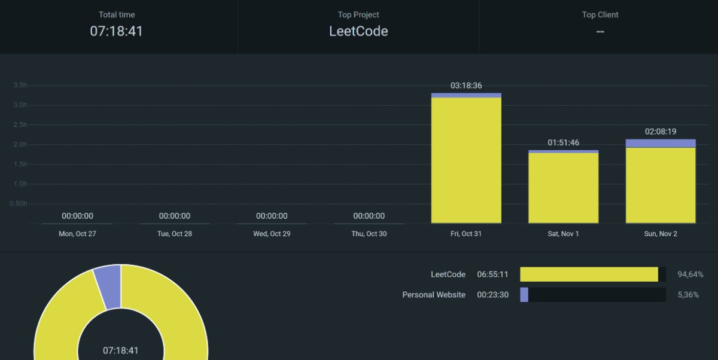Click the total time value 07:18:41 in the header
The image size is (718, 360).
click(x=117, y=31)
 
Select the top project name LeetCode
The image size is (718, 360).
click(x=358, y=31)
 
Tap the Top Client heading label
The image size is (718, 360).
click(x=600, y=15)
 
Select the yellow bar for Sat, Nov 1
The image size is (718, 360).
click(x=563, y=188)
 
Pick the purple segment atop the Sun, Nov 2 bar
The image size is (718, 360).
click(x=661, y=143)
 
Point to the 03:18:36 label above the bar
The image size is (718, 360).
click(x=466, y=86)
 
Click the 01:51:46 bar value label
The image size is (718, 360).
click(x=563, y=142)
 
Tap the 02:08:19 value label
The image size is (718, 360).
click(x=661, y=131)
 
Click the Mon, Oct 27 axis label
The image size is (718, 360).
click(x=77, y=234)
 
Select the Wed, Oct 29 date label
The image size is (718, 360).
click(x=272, y=234)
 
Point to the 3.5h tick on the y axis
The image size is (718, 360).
click(x=20, y=86)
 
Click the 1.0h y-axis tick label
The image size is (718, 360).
click(x=20, y=184)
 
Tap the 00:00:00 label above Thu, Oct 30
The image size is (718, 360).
click(x=369, y=216)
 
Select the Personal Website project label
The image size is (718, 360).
click(x=434, y=295)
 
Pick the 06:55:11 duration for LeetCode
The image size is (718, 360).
click(x=493, y=274)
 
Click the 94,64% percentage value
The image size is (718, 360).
click(x=690, y=274)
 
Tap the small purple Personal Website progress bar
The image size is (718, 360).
click(x=524, y=295)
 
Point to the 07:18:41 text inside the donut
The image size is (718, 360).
click(x=121, y=350)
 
